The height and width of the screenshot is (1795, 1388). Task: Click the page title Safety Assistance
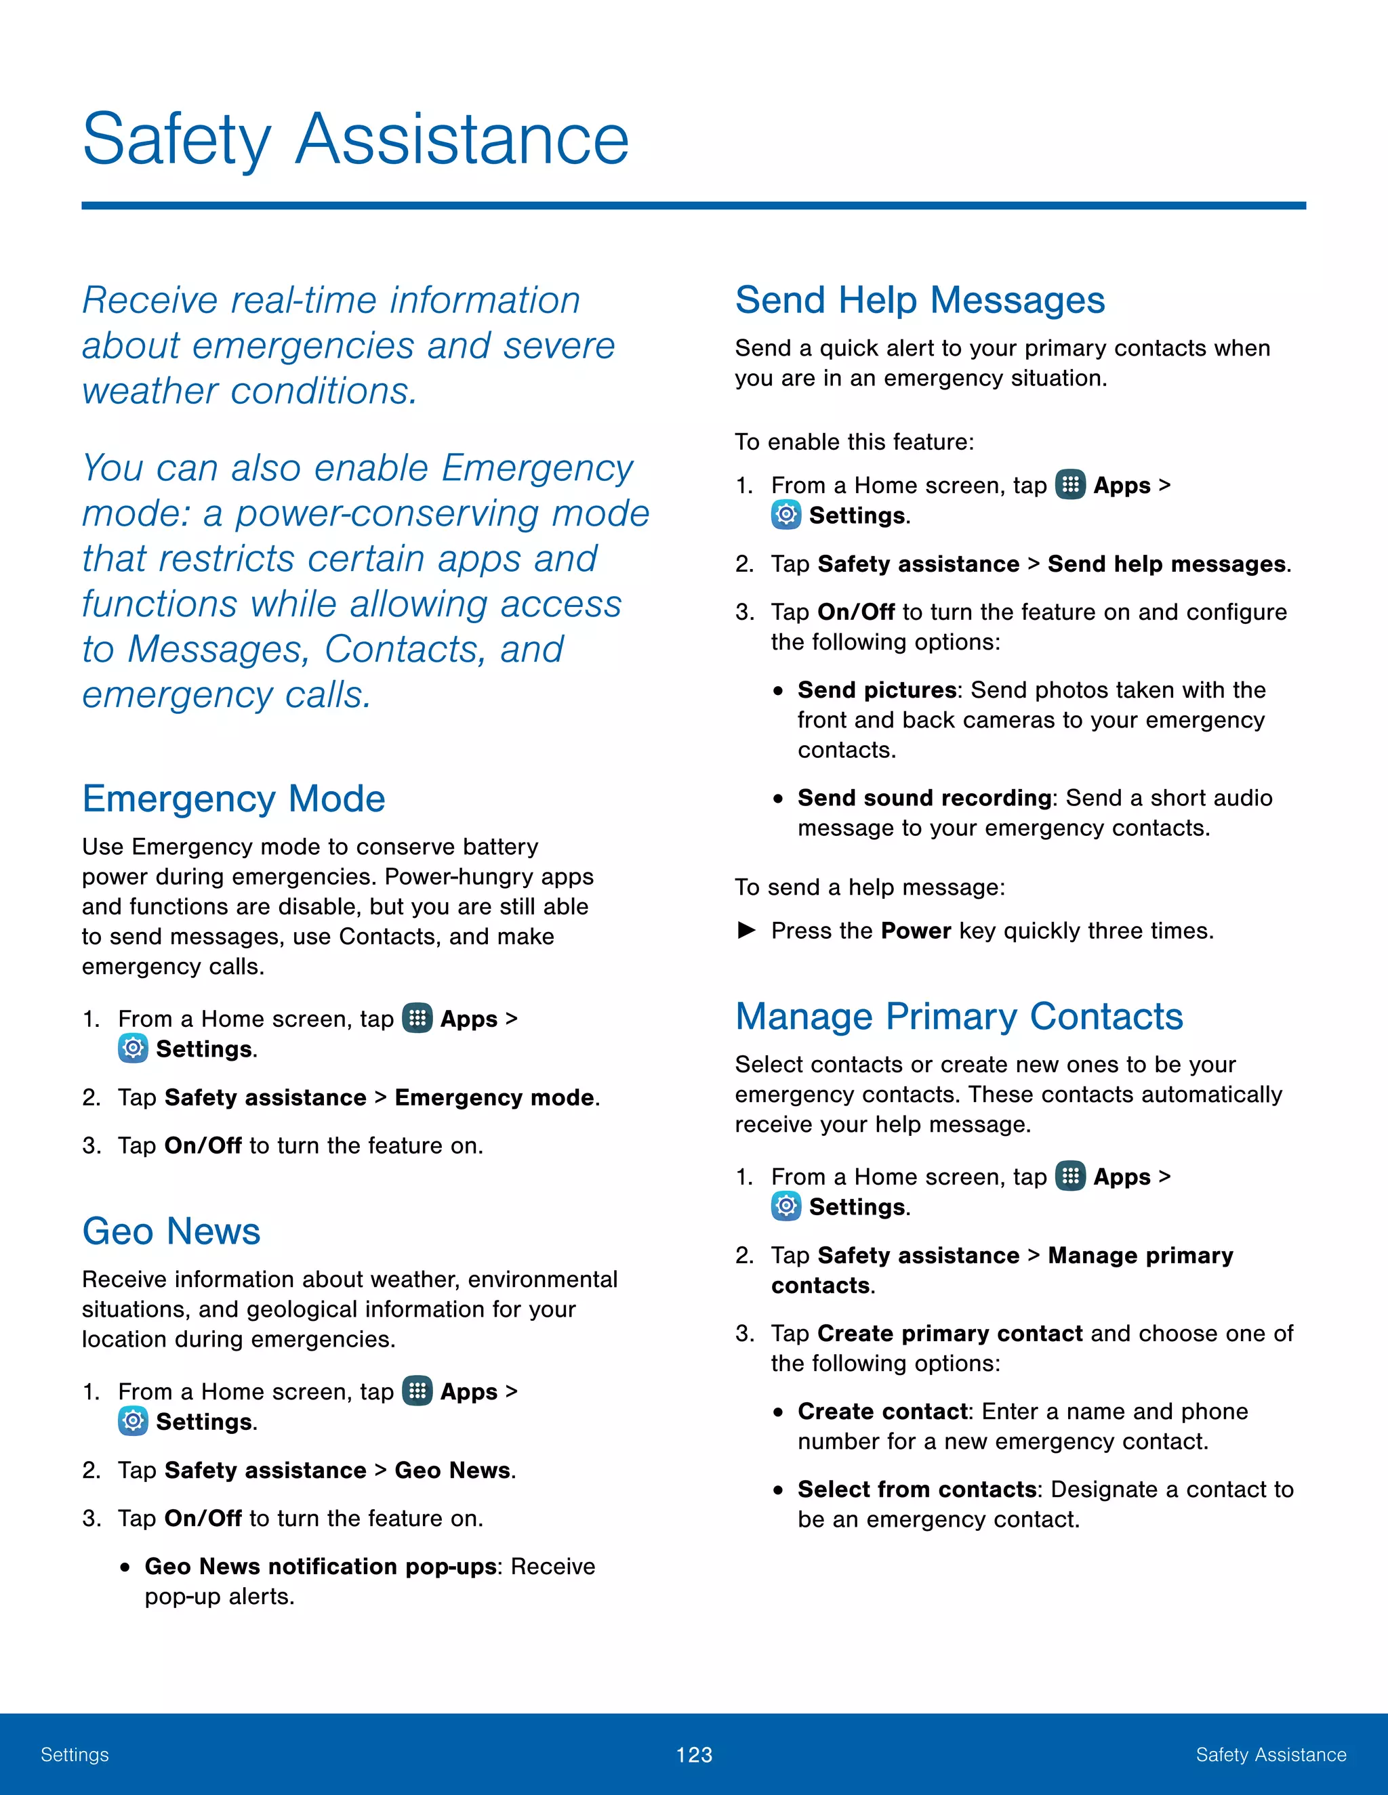click(355, 140)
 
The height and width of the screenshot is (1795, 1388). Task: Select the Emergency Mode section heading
click(234, 799)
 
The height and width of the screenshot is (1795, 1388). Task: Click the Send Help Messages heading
click(919, 300)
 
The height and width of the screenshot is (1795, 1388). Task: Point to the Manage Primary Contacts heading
click(959, 1017)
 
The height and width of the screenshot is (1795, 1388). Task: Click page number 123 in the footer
click(693, 1755)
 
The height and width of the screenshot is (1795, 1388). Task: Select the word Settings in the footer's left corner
click(75, 1755)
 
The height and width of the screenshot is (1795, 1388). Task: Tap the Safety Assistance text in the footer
click(1271, 1755)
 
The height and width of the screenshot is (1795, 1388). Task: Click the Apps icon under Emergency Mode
click(417, 1018)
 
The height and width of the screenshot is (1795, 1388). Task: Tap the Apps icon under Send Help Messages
click(1069, 485)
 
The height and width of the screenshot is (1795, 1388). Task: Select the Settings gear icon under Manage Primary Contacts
click(786, 1206)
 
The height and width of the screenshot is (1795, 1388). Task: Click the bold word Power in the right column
click(915, 931)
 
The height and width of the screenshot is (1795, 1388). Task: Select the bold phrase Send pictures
click(876, 690)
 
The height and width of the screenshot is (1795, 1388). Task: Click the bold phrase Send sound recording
click(924, 798)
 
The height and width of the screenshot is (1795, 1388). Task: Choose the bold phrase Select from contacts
click(917, 1490)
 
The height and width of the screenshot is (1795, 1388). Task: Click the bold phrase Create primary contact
click(950, 1333)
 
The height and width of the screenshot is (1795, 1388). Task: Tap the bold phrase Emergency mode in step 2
click(494, 1098)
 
